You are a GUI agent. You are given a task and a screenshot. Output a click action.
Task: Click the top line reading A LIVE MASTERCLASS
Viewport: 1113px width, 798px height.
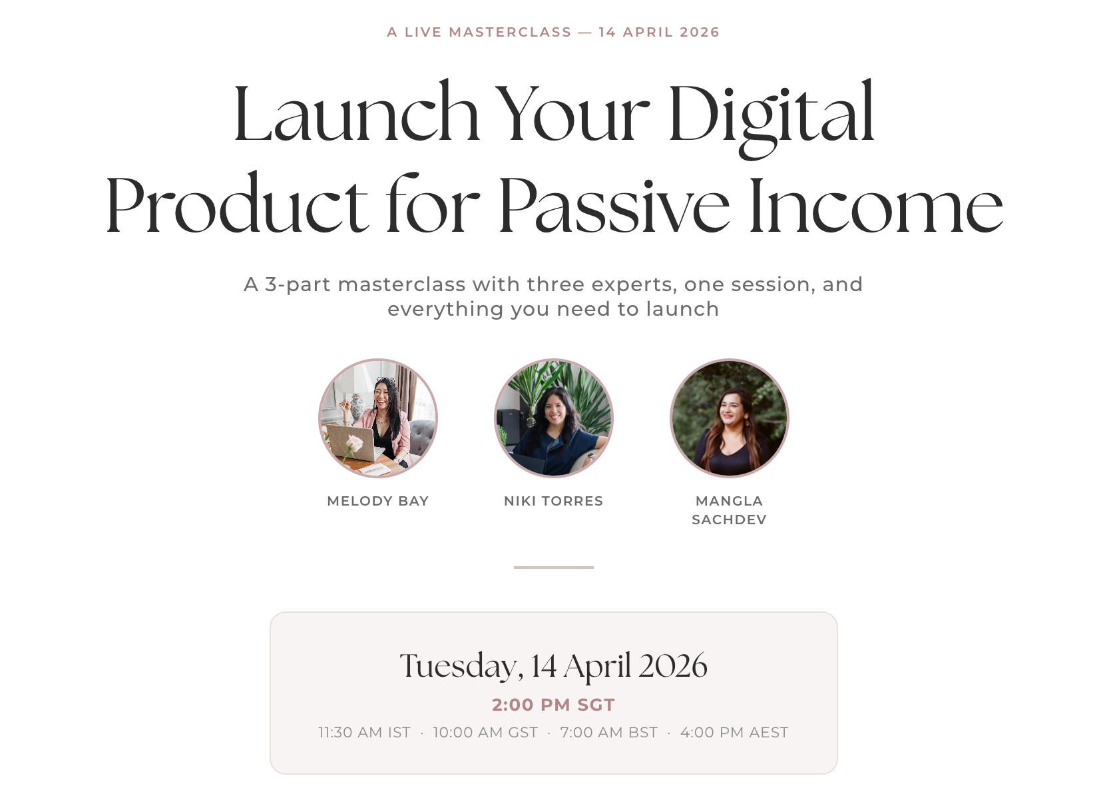point(479,32)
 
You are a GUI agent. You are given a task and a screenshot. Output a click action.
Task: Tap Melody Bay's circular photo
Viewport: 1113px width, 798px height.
point(378,418)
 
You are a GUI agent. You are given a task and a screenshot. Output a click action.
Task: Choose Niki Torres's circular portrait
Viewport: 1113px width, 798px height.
point(554,418)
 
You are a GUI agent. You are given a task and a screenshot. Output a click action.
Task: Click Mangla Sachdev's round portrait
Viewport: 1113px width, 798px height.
point(730,418)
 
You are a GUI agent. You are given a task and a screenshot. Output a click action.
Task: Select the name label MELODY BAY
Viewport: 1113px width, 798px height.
point(378,501)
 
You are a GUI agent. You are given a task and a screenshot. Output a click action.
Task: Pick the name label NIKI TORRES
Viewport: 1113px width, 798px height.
point(554,501)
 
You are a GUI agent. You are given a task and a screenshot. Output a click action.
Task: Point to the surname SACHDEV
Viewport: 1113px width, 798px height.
point(730,520)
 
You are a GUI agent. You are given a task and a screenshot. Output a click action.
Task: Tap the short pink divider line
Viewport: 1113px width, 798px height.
point(554,568)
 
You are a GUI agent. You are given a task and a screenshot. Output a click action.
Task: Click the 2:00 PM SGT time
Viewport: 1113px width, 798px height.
point(554,705)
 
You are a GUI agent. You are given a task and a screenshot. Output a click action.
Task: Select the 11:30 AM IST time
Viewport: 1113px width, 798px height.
point(365,733)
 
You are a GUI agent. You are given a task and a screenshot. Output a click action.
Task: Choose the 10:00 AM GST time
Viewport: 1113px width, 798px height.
point(485,733)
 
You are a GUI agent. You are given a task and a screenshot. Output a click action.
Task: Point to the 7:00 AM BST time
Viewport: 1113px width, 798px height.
point(609,733)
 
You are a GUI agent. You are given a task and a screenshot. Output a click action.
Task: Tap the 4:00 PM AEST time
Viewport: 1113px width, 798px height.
point(734,733)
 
